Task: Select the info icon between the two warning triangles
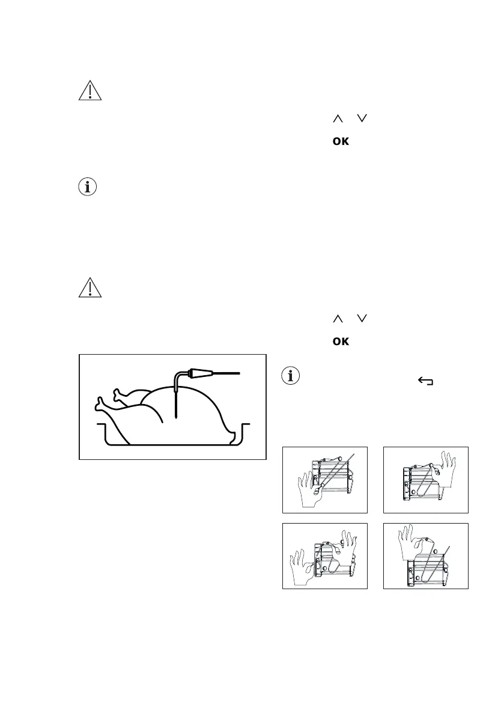coord(88,187)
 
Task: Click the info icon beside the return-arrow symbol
coord(291,377)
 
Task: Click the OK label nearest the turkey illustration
coord(341,341)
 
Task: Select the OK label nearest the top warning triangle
coord(341,142)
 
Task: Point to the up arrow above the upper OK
coord(336,120)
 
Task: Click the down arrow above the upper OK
coord(361,120)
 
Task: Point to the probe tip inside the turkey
coord(176,415)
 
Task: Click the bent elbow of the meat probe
coord(178,377)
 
